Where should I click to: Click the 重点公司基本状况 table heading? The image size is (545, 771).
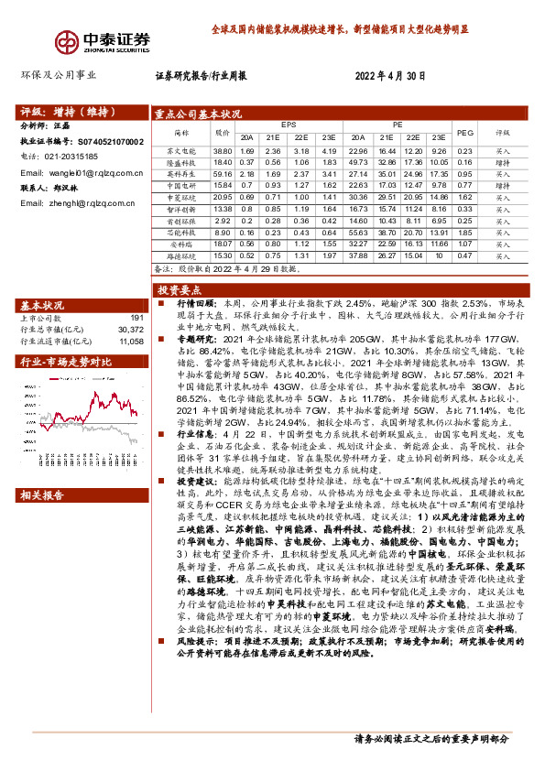pos(199,114)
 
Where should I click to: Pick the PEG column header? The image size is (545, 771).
pos(464,132)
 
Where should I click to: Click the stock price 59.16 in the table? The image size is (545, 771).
pos(223,173)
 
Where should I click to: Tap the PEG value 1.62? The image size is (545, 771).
pos(464,197)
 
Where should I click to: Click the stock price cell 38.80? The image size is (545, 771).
pos(223,150)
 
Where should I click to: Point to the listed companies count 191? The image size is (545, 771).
pos(136,318)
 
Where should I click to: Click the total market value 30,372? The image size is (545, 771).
pos(131,329)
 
